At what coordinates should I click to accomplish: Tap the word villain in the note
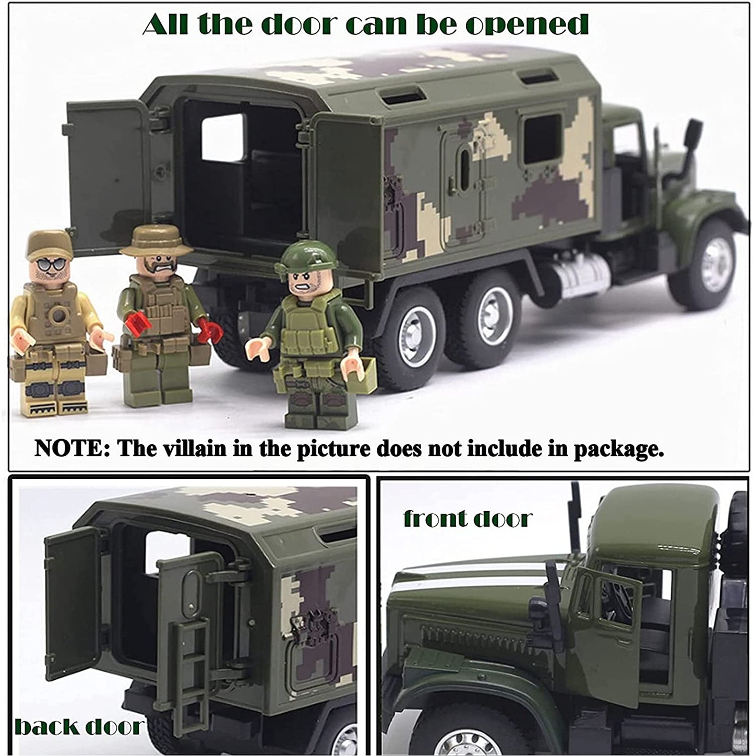pos(195,448)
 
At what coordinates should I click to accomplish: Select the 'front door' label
pos(468,518)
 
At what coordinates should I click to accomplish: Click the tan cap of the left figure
pos(50,244)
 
